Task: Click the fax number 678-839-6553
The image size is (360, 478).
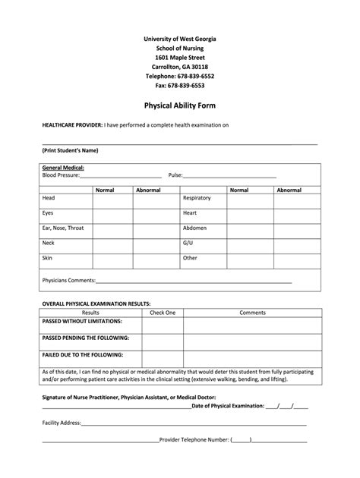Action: click(x=180, y=86)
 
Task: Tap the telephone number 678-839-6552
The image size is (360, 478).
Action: click(x=180, y=77)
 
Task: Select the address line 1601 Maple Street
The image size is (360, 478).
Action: click(x=180, y=57)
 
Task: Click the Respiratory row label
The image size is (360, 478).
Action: click(x=197, y=198)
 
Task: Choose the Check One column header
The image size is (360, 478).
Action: click(x=163, y=312)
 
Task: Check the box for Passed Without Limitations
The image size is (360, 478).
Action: click(x=163, y=325)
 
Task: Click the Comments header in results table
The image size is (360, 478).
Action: click(x=252, y=312)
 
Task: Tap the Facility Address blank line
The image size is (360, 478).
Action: click(x=194, y=423)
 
